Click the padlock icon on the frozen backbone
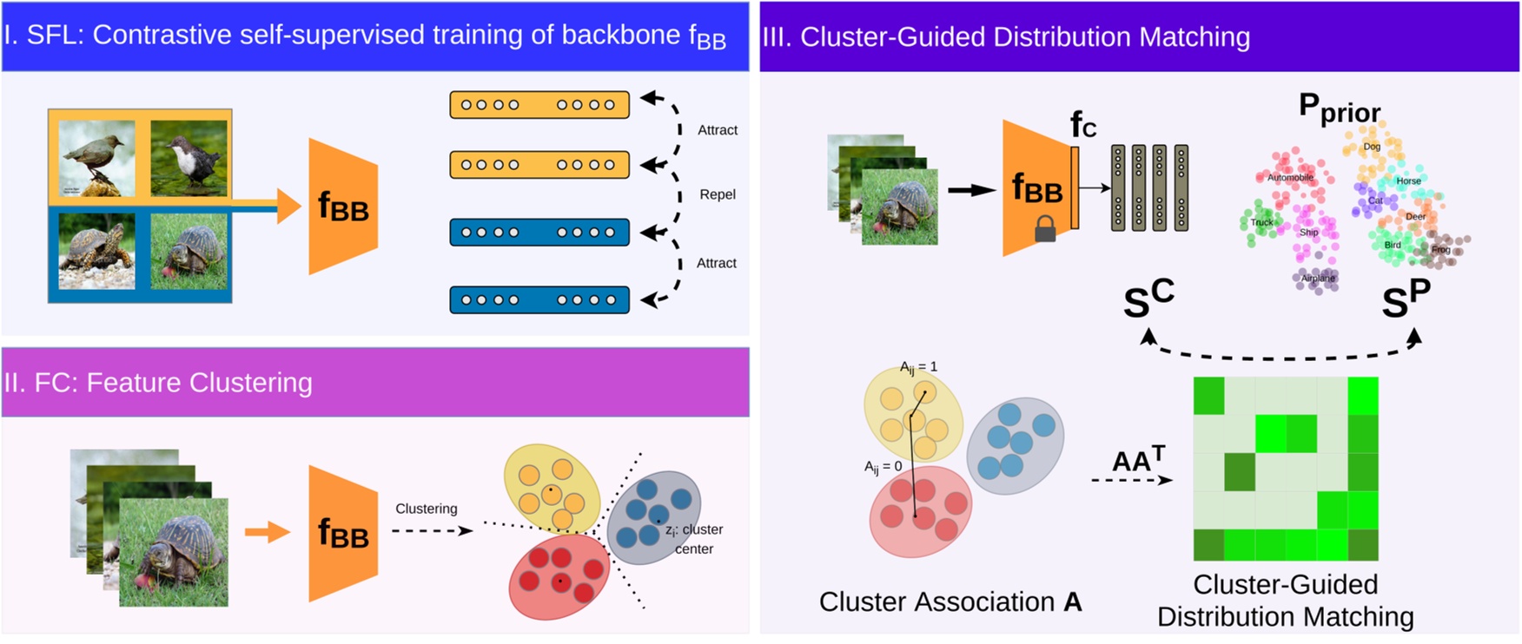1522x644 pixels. [x=1045, y=229]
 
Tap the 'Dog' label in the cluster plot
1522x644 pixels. [x=1372, y=147]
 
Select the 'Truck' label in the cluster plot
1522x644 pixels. [x=1261, y=223]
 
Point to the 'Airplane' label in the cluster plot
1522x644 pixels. [x=1318, y=279]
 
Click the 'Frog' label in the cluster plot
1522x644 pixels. [x=1441, y=250]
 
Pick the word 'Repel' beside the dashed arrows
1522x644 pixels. [x=718, y=194]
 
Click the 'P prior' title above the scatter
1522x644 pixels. [x=1339, y=108]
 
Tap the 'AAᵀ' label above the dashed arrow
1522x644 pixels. [x=1138, y=459]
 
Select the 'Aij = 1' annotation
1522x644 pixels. [x=918, y=367]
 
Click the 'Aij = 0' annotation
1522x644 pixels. [x=883, y=467]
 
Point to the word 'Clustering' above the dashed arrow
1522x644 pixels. [x=426, y=509]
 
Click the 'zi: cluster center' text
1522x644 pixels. [x=693, y=539]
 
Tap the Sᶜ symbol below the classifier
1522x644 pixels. [x=1148, y=299]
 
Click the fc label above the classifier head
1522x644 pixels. [x=1082, y=125]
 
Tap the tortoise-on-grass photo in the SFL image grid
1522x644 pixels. [x=189, y=252]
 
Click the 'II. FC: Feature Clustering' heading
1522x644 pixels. [x=157, y=383]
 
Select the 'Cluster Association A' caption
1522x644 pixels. [x=950, y=601]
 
